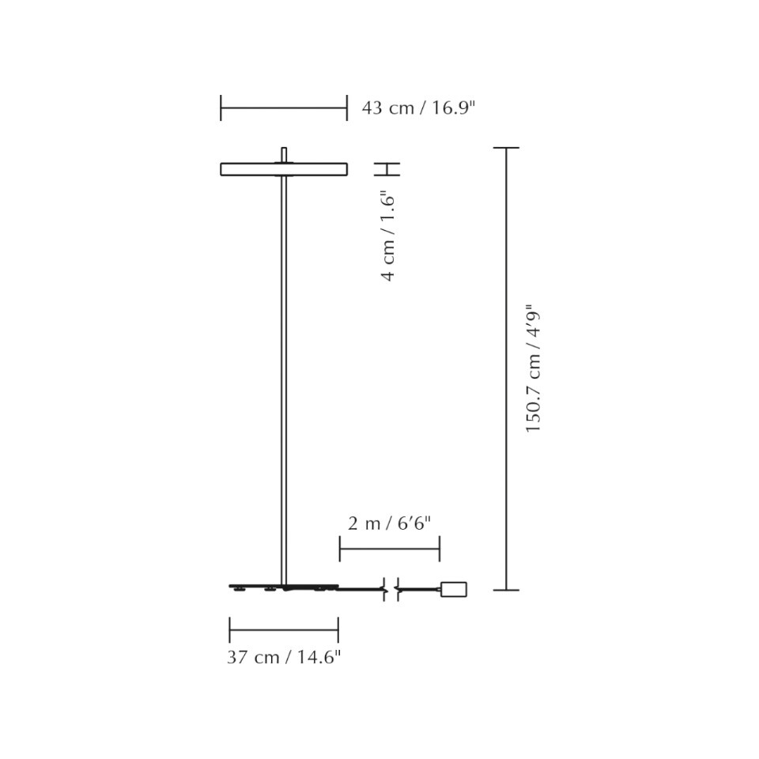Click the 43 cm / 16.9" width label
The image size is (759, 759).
[418, 108]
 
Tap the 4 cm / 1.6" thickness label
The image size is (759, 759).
[387, 236]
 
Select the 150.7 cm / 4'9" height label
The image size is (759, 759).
[535, 368]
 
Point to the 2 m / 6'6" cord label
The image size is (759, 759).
[389, 523]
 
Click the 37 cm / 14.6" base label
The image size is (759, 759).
[284, 657]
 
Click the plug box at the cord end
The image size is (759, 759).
[453, 589]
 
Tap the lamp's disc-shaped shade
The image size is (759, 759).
[283, 168]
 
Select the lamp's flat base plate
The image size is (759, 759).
[283, 587]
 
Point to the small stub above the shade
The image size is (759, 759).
[284, 153]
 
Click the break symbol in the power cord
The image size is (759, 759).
[391, 589]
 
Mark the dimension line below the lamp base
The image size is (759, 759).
[284, 630]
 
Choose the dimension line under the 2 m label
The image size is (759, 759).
[389, 549]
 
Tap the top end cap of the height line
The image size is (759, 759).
[506, 148]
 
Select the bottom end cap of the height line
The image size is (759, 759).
[506, 590]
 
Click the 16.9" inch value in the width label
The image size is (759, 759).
[452, 108]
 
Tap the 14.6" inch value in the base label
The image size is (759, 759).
[319, 657]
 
